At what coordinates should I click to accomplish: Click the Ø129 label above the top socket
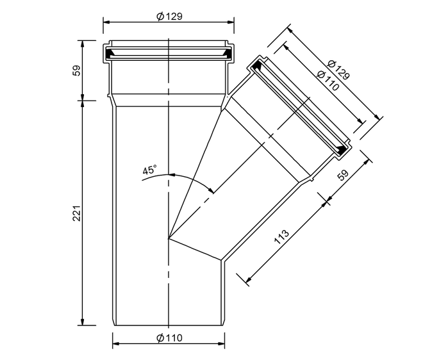(x=169, y=17)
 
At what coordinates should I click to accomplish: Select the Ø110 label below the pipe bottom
(x=169, y=338)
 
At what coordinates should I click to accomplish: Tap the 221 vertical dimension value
(x=77, y=213)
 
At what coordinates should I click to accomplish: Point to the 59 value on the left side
(x=77, y=70)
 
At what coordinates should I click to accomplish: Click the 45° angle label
(x=150, y=170)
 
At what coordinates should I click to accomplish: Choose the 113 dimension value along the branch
(x=281, y=237)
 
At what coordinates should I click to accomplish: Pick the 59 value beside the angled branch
(x=343, y=175)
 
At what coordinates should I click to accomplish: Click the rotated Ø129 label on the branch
(x=338, y=70)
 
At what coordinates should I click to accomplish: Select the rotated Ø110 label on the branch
(x=328, y=81)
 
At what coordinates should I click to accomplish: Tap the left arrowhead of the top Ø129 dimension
(x=107, y=22)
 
